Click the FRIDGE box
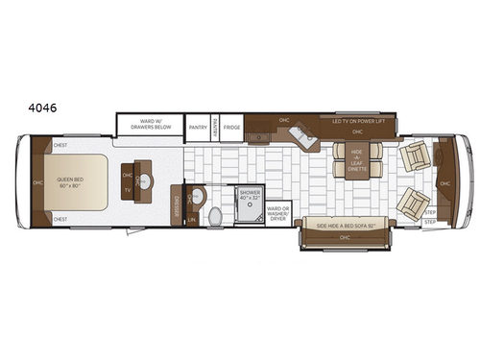230,126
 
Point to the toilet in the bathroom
215,217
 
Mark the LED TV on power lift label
365,121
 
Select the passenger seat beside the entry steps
412,204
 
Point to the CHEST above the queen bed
60,145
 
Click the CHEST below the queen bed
60,219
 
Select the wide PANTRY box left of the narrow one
198,126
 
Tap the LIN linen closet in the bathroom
192,220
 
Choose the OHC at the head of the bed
37,182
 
